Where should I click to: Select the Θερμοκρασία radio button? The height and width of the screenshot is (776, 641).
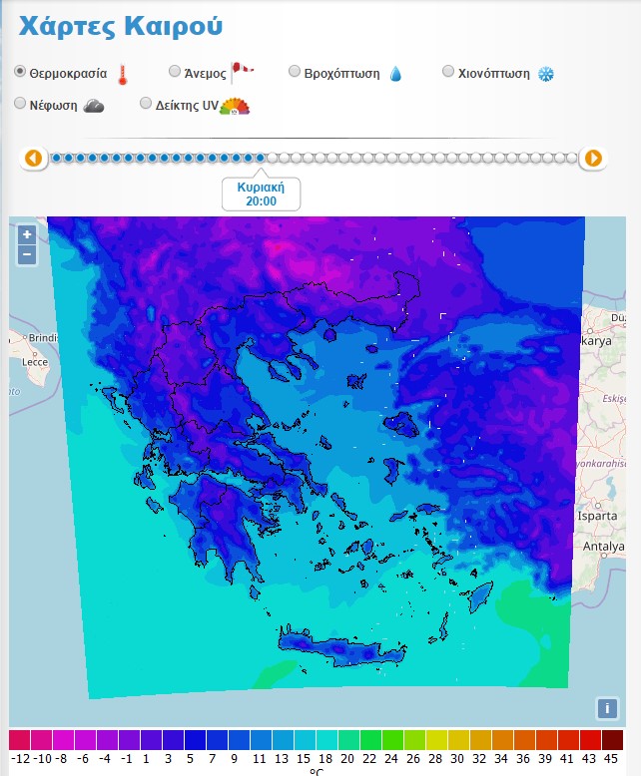click(x=20, y=73)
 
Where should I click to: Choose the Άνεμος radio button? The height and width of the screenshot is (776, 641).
click(x=175, y=72)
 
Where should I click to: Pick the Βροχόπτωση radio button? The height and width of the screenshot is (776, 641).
click(x=295, y=72)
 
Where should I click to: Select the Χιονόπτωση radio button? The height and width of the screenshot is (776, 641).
click(x=448, y=72)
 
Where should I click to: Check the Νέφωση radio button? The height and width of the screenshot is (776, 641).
click(x=20, y=104)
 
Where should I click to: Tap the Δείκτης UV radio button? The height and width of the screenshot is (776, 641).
click(x=146, y=104)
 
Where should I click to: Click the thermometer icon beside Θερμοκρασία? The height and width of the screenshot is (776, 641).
click(x=123, y=74)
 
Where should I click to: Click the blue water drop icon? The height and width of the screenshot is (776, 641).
click(x=395, y=74)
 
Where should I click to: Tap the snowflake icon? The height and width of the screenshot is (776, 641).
click(x=545, y=74)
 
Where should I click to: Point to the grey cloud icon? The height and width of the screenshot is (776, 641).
click(x=94, y=106)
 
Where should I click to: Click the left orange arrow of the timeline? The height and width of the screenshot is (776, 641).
click(x=33, y=158)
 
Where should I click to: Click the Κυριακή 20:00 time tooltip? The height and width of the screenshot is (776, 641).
click(x=261, y=194)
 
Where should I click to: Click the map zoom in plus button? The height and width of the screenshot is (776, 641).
click(x=27, y=235)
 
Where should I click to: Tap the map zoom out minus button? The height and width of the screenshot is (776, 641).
click(x=27, y=254)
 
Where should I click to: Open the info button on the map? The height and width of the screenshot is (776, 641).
click(x=606, y=708)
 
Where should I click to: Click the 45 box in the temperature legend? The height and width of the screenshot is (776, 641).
click(x=612, y=740)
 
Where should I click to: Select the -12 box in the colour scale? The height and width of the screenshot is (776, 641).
click(x=20, y=740)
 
